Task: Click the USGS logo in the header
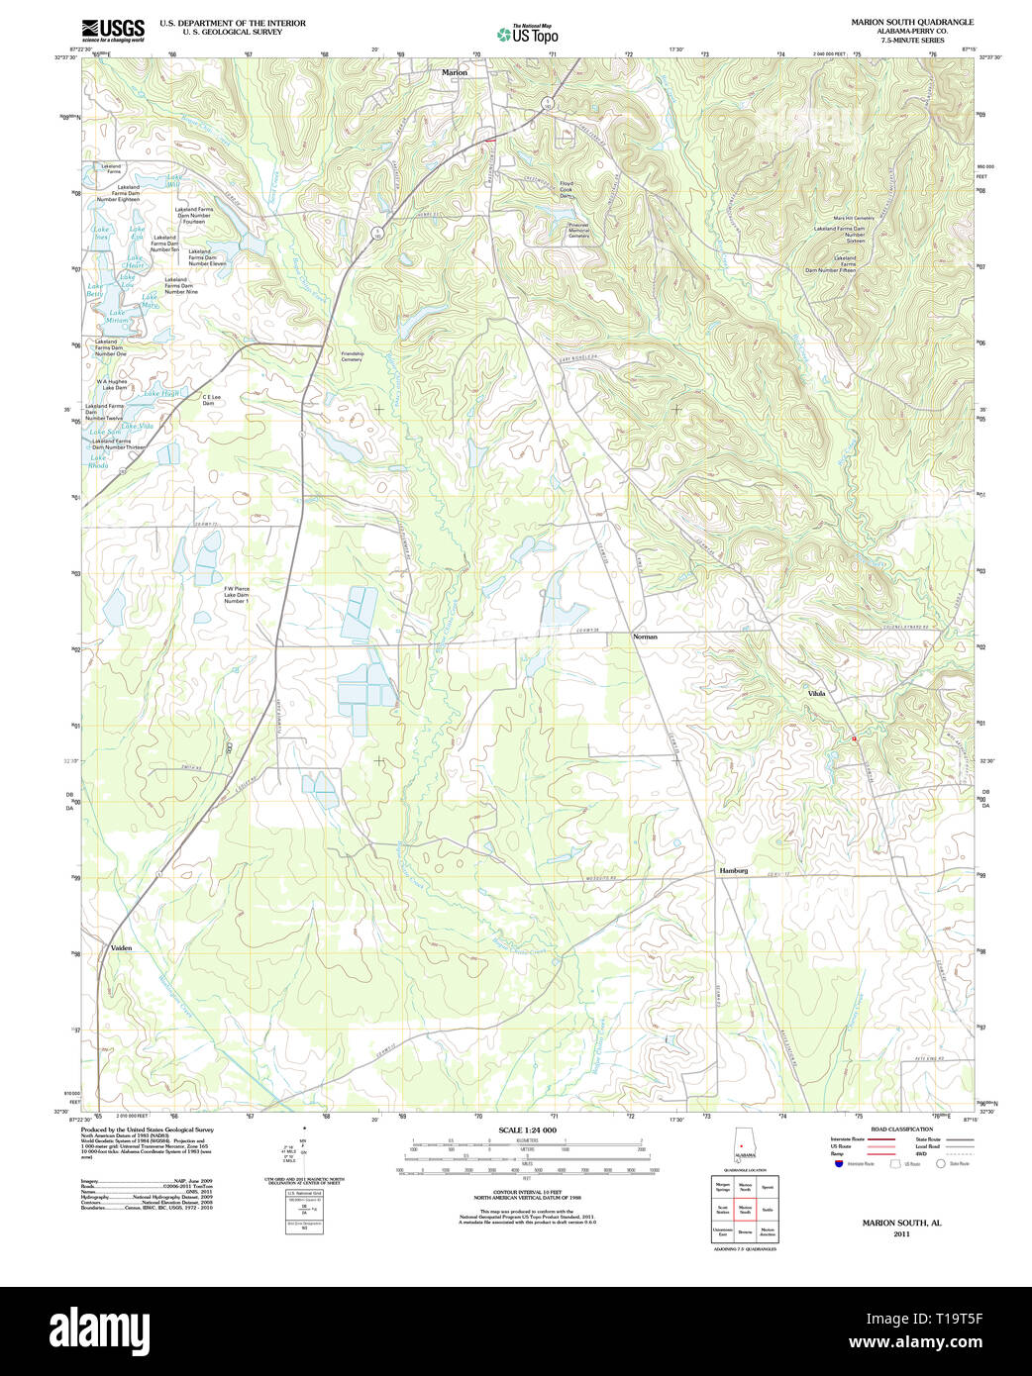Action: pyautogui.click(x=113, y=30)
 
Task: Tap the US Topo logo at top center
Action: pyautogui.click(x=528, y=35)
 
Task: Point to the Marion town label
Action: pyautogui.click(x=454, y=73)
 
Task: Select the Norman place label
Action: pyautogui.click(x=645, y=637)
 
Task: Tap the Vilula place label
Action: pyautogui.click(x=816, y=693)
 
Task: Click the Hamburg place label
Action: pyautogui.click(x=733, y=870)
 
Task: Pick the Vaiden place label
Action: pyautogui.click(x=121, y=947)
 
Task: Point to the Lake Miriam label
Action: pyautogui.click(x=117, y=317)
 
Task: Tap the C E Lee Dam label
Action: pyautogui.click(x=211, y=400)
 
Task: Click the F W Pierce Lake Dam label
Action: pyautogui.click(x=236, y=595)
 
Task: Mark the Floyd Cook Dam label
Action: pyautogui.click(x=567, y=189)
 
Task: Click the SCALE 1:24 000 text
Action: pyautogui.click(x=527, y=1130)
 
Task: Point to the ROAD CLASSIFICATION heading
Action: pyautogui.click(x=901, y=1129)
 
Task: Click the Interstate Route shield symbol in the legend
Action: pyautogui.click(x=839, y=1164)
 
